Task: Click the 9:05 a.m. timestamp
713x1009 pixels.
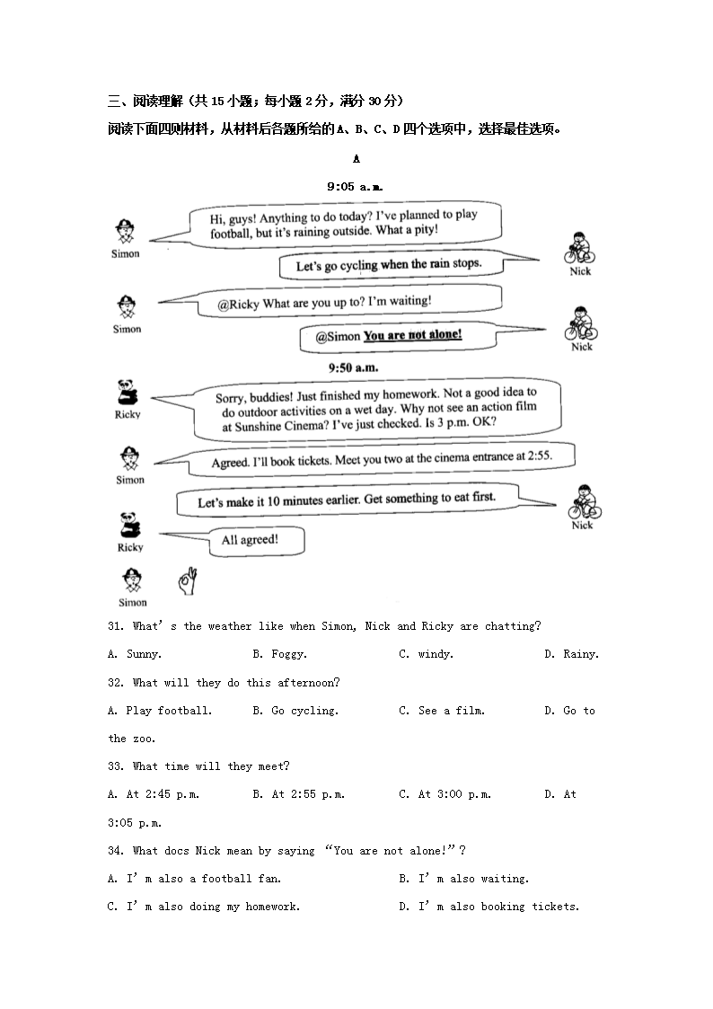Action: tap(355, 187)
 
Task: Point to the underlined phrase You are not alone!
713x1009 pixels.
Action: tap(413, 335)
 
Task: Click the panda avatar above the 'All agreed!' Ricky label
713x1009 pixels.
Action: tap(129, 524)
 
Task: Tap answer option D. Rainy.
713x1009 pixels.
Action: tap(571, 654)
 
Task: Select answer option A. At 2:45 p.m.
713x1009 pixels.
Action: tap(153, 794)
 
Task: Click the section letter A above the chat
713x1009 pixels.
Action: tap(356, 159)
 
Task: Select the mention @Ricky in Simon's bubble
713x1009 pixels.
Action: tap(238, 305)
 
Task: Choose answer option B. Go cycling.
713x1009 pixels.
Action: tap(295, 711)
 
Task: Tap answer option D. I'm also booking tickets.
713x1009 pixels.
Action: tap(489, 907)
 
